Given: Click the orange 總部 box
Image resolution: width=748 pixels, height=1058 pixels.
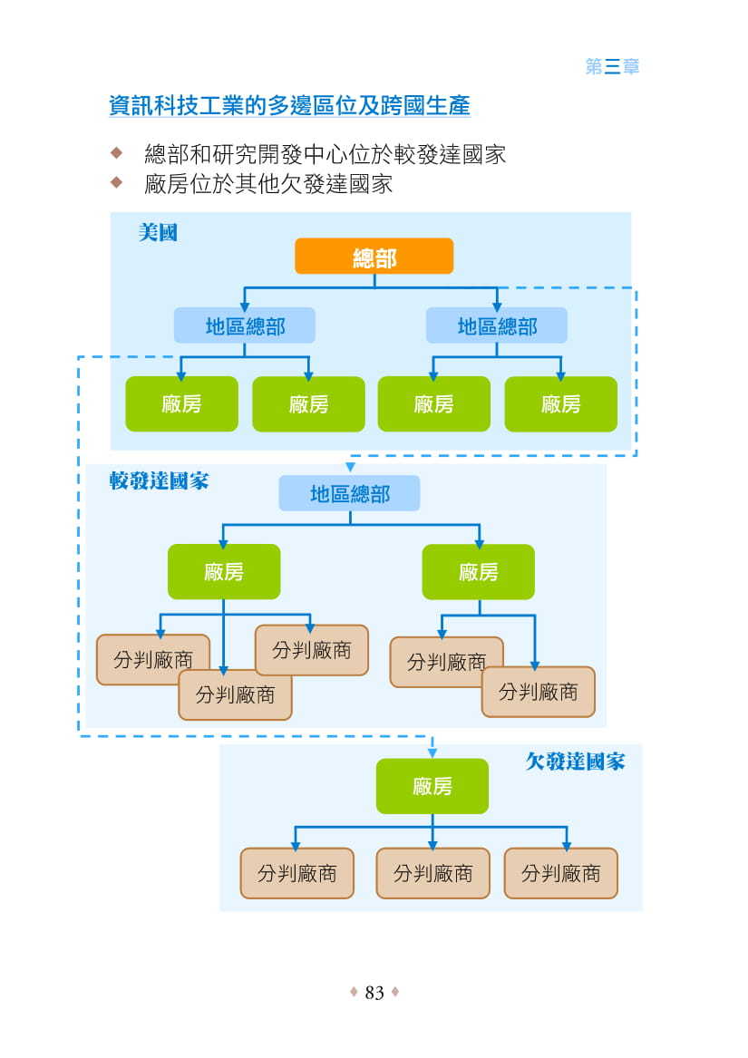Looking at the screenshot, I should click(x=374, y=257).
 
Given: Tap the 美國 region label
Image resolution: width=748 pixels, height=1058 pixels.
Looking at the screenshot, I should click(x=158, y=233).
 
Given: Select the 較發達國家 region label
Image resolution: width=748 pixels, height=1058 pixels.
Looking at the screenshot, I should click(x=159, y=480).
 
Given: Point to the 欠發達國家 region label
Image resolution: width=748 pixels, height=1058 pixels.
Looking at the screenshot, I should click(x=575, y=761).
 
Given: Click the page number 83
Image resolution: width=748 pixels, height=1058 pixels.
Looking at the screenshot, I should click(x=374, y=993).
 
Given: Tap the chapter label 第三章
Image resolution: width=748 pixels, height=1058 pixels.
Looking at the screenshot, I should click(x=613, y=66).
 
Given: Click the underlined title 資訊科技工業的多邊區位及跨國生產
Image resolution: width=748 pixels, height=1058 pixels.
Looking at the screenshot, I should click(x=289, y=105).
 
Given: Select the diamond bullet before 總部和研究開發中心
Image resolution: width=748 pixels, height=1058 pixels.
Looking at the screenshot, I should click(x=115, y=150).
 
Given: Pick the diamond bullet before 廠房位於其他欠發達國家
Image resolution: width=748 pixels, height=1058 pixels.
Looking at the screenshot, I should click(x=115, y=182).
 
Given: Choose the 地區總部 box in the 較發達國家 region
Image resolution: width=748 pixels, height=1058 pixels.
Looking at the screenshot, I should click(x=349, y=494).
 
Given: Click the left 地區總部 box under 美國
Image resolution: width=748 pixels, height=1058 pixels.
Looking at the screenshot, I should click(x=245, y=325).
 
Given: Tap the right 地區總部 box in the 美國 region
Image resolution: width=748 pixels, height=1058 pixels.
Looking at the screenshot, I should click(x=497, y=325).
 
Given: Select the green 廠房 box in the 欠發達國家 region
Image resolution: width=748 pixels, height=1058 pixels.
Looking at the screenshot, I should click(x=432, y=786).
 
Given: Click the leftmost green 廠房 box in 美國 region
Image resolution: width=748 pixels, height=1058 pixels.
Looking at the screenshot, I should click(x=181, y=404).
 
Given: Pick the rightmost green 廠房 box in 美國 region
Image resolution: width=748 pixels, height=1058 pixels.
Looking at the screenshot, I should click(x=560, y=404).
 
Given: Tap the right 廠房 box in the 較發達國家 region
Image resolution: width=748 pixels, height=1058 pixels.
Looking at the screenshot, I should click(x=478, y=572).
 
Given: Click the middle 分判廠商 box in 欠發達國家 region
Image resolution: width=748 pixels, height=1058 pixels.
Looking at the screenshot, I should click(x=432, y=873).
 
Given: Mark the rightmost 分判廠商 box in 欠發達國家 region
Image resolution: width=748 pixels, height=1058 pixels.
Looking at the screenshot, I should click(x=560, y=873).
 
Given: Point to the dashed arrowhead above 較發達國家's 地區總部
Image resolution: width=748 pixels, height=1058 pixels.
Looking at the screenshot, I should click(x=350, y=468).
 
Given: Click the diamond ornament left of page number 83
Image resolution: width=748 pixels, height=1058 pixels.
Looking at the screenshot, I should click(x=354, y=993).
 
